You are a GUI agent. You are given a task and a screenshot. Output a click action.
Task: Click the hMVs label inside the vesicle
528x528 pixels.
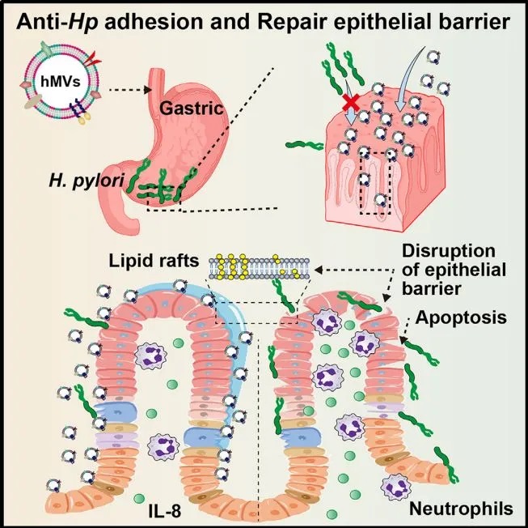point(61,81)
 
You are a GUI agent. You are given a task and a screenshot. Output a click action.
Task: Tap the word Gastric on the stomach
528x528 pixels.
point(192,109)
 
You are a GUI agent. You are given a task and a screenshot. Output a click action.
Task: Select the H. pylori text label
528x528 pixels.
point(87,181)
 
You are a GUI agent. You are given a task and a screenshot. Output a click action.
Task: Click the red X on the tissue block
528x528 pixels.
point(351,103)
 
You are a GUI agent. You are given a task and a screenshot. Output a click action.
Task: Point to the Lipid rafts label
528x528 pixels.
point(154,261)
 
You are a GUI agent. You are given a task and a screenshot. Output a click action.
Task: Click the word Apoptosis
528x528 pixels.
point(461,317)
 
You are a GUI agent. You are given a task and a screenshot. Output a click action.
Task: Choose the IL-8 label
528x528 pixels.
point(165,511)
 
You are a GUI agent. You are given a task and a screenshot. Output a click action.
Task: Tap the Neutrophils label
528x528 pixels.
point(461,509)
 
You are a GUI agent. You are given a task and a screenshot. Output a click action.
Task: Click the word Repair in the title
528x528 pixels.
point(292,23)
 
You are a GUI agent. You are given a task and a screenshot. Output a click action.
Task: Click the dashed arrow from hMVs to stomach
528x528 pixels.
point(130,90)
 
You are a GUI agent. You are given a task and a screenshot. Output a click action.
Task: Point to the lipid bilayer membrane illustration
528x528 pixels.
point(259,267)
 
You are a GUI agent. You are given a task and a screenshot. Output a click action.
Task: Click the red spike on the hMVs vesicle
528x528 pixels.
point(92,59)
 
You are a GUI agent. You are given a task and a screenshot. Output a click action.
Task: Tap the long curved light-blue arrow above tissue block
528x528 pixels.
point(408,78)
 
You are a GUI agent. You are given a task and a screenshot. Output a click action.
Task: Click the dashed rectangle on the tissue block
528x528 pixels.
point(375,183)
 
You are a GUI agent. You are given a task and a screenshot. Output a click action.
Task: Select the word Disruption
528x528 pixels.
point(449,251)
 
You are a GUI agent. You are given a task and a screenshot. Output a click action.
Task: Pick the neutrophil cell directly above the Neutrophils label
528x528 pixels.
point(396,487)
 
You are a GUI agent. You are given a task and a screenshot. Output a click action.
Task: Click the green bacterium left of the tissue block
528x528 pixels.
point(304,146)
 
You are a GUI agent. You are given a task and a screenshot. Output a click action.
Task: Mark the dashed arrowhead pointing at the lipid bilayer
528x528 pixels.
point(319,270)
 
